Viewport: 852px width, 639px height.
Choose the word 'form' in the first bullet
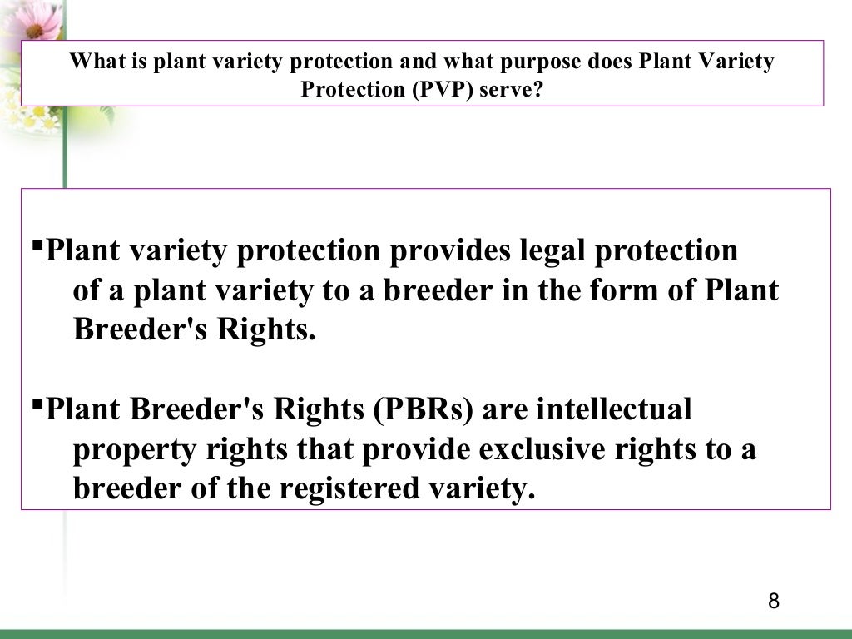[x=641, y=290]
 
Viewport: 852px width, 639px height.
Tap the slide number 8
[x=774, y=602]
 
